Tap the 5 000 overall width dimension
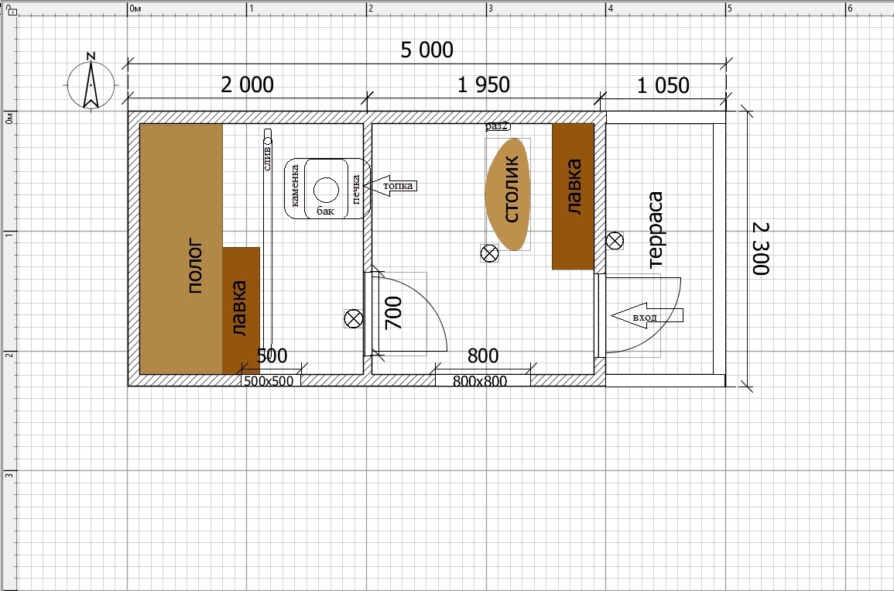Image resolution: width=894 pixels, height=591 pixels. pyautogui.click(x=427, y=50)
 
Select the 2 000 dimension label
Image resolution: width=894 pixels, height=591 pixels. pyautogui.click(x=248, y=85)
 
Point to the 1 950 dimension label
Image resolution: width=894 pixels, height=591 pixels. pyautogui.click(x=484, y=85)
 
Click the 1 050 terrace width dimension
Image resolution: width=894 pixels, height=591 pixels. pyautogui.click(x=663, y=85)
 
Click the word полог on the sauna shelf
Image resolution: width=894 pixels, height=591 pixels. pyautogui.click(x=195, y=267)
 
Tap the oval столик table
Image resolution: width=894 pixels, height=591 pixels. pyautogui.click(x=508, y=194)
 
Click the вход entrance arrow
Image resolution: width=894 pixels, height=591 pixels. pyautogui.click(x=646, y=315)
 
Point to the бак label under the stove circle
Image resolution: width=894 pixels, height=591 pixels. pyautogui.click(x=326, y=211)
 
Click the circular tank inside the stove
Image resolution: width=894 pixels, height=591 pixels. pyautogui.click(x=326, y=190)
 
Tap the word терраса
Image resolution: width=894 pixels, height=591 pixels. pyautogui.click(x=656, y=230)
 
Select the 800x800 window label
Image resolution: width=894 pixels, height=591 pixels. pyautogui.click(x=480, y=381)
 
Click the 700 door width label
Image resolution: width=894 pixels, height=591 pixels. pyautogui.click(x=394, y=313)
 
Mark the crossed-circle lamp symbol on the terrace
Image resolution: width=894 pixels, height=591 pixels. pyautogui.click(x=615, y=241)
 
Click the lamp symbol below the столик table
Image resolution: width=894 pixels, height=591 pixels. pyautogui.click(x=490, y=253)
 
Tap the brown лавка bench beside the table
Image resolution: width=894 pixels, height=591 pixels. pyautogui.click(x=573, y=196)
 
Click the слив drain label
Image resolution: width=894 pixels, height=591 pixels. pyautogui.click(x=267, y=158)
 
